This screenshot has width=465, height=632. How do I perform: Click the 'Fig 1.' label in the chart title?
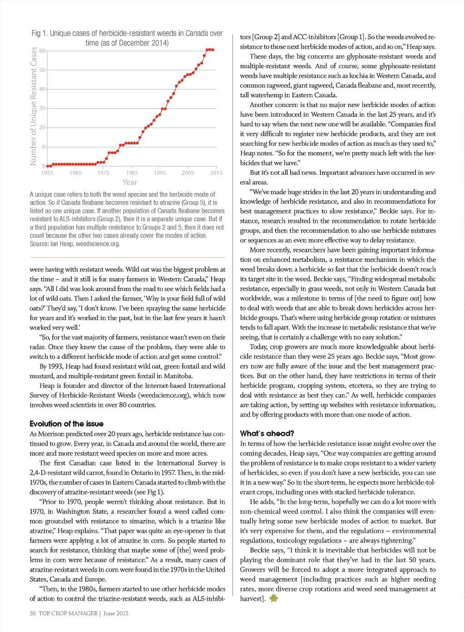[x=40, y=34]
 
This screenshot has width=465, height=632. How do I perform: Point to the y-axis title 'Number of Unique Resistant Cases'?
[x=33, y=106]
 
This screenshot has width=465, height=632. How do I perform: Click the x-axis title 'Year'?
[x=129, y=182]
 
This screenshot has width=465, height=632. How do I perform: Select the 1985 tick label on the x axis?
[x=132, y=173]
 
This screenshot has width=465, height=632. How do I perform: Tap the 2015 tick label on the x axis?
[x=216, y=173]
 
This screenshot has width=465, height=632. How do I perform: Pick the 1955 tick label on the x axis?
[x=47, y=173]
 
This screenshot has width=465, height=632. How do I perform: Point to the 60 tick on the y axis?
[x=42, y=51]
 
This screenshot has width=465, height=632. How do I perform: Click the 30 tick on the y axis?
[x=42, y=109]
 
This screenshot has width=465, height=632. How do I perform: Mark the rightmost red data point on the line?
[x=213, y=50]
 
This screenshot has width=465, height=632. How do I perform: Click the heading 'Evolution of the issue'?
[x=66, y=424]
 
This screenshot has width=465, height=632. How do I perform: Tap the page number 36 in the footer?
[x=33, y=613]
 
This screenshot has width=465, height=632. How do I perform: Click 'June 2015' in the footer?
[x=116, y=613]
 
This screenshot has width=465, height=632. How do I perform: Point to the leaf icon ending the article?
[x=273, y=598]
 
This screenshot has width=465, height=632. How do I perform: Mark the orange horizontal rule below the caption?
[x=128, y=257]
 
